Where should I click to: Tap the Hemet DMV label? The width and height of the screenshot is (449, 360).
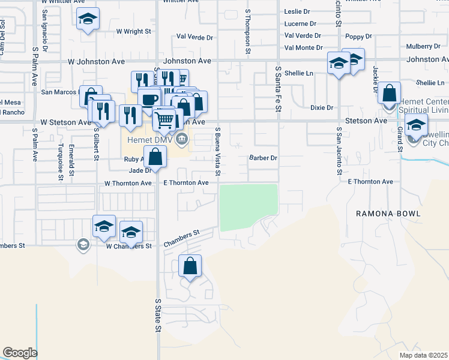[x=150, y=140]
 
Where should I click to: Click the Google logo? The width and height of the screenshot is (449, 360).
[x=20, y=353]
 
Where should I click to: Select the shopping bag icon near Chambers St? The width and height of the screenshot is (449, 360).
[x=190, y=266]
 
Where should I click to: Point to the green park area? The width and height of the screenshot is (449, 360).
[x=249, y=206]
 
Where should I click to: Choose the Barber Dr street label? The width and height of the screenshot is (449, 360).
[x=263, y=158]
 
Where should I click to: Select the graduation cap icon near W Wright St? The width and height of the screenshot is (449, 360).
[x=88, y=19]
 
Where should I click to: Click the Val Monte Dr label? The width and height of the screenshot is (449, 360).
[x=304, y=47]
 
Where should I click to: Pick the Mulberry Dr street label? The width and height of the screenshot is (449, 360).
[x=423, y=46]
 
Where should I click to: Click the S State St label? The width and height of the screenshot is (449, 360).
[x=158, y=315]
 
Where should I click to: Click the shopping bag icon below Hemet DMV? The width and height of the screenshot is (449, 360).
[x=155, y=157]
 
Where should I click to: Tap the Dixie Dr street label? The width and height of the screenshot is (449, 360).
[x=321, y=107]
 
